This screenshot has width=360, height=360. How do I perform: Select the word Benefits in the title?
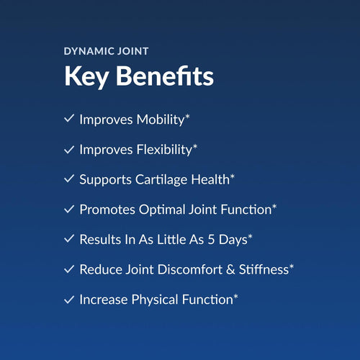165,76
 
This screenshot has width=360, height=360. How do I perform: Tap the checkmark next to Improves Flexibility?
69,149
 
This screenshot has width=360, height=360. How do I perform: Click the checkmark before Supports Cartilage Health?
69,179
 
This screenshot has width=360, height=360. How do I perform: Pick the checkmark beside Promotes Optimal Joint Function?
69,209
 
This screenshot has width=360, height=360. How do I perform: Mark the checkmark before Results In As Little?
69,238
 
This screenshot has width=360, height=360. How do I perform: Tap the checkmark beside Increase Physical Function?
69,298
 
